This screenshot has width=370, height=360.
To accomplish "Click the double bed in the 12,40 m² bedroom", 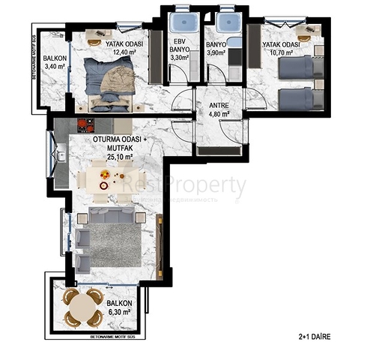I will point(109,82).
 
